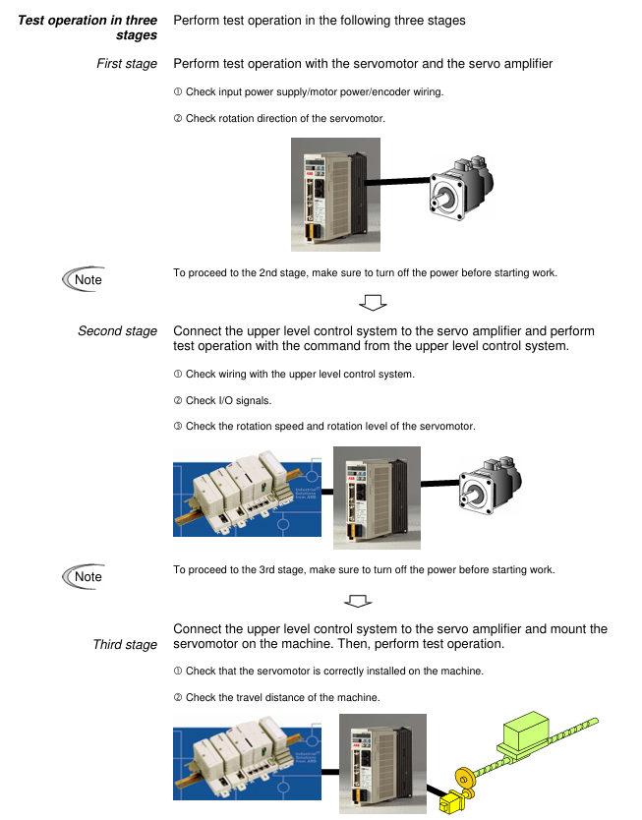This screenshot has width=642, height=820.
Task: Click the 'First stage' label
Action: pos(127,64)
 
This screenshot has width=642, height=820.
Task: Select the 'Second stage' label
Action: pos(118,331)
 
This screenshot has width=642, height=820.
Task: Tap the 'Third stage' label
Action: pos(125,644)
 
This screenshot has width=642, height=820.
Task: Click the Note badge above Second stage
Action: pos(84,279)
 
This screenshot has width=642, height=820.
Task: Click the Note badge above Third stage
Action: pos(84,576)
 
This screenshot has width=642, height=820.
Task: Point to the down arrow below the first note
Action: pos(373,302)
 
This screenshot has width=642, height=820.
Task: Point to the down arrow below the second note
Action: pos(358,601)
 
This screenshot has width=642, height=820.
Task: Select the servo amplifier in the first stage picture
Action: pos(335,195)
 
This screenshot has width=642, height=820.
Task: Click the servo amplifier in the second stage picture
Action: pos(377,498)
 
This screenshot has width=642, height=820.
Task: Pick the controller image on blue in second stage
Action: pos(248,493)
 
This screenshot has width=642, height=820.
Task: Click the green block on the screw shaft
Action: pos(525,730)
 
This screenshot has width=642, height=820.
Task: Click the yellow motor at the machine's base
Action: pos(450,802)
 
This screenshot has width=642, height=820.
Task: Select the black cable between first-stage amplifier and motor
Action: pos(398,182)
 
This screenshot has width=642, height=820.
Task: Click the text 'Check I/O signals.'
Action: pos(228,400)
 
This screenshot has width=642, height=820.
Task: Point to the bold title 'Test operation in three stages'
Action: pos(88,28)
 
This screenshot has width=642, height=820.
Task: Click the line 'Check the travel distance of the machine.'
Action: pos(283,698)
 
